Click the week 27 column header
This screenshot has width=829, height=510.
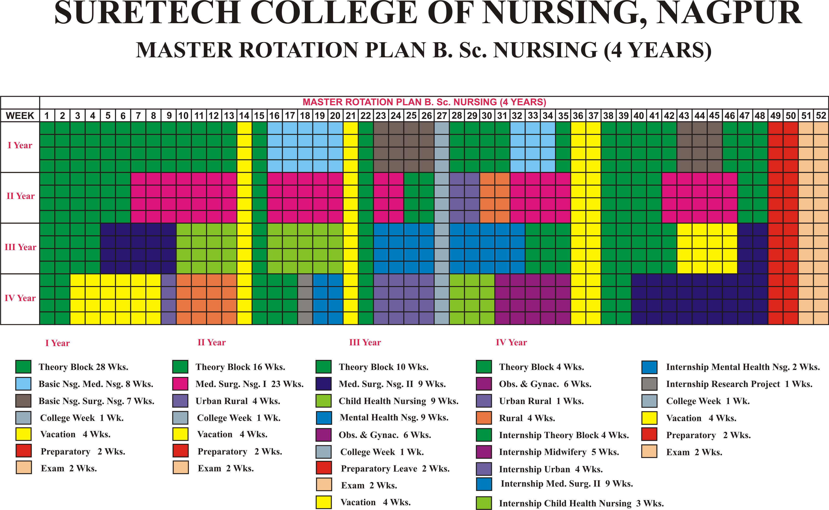pyautogui.click(x=442, y=116)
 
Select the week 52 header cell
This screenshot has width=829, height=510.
pyautogui.click(x=821, y=116)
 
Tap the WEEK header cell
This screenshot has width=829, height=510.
pyautogui.click(x=20, y=116)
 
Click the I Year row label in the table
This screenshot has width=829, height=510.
pyautogui.click(x=20, y=145)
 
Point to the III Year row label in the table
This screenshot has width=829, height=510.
pyautogui.click(x=20, y=247)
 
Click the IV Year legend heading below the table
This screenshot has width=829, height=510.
pyautogui.click(x=511, y=342)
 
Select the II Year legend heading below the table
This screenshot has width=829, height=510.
pyautogui.click(x=212, y=342)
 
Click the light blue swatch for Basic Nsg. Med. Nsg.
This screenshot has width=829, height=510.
pyautogui.click(x=23, y=384)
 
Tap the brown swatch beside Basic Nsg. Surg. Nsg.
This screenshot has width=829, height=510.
pyautogui.click(x=23, y=401)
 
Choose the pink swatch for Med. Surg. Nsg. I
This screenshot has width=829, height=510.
pyautogui.click(x=180, y=384)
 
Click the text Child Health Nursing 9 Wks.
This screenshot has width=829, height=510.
pyautogui.click(x=398, y=401)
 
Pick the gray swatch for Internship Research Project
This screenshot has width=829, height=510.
pyautogui.click(x=649, y=384)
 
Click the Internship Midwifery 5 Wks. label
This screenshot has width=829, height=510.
pyautogui.click(x=559, y=452)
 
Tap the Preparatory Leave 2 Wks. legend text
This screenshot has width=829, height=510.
pyautogui.click(x=395, y=469)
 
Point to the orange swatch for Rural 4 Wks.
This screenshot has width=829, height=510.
pyautogui.click(x=484, y=418)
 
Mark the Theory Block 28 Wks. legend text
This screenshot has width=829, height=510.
pyautogui.click(x=83, y=367)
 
